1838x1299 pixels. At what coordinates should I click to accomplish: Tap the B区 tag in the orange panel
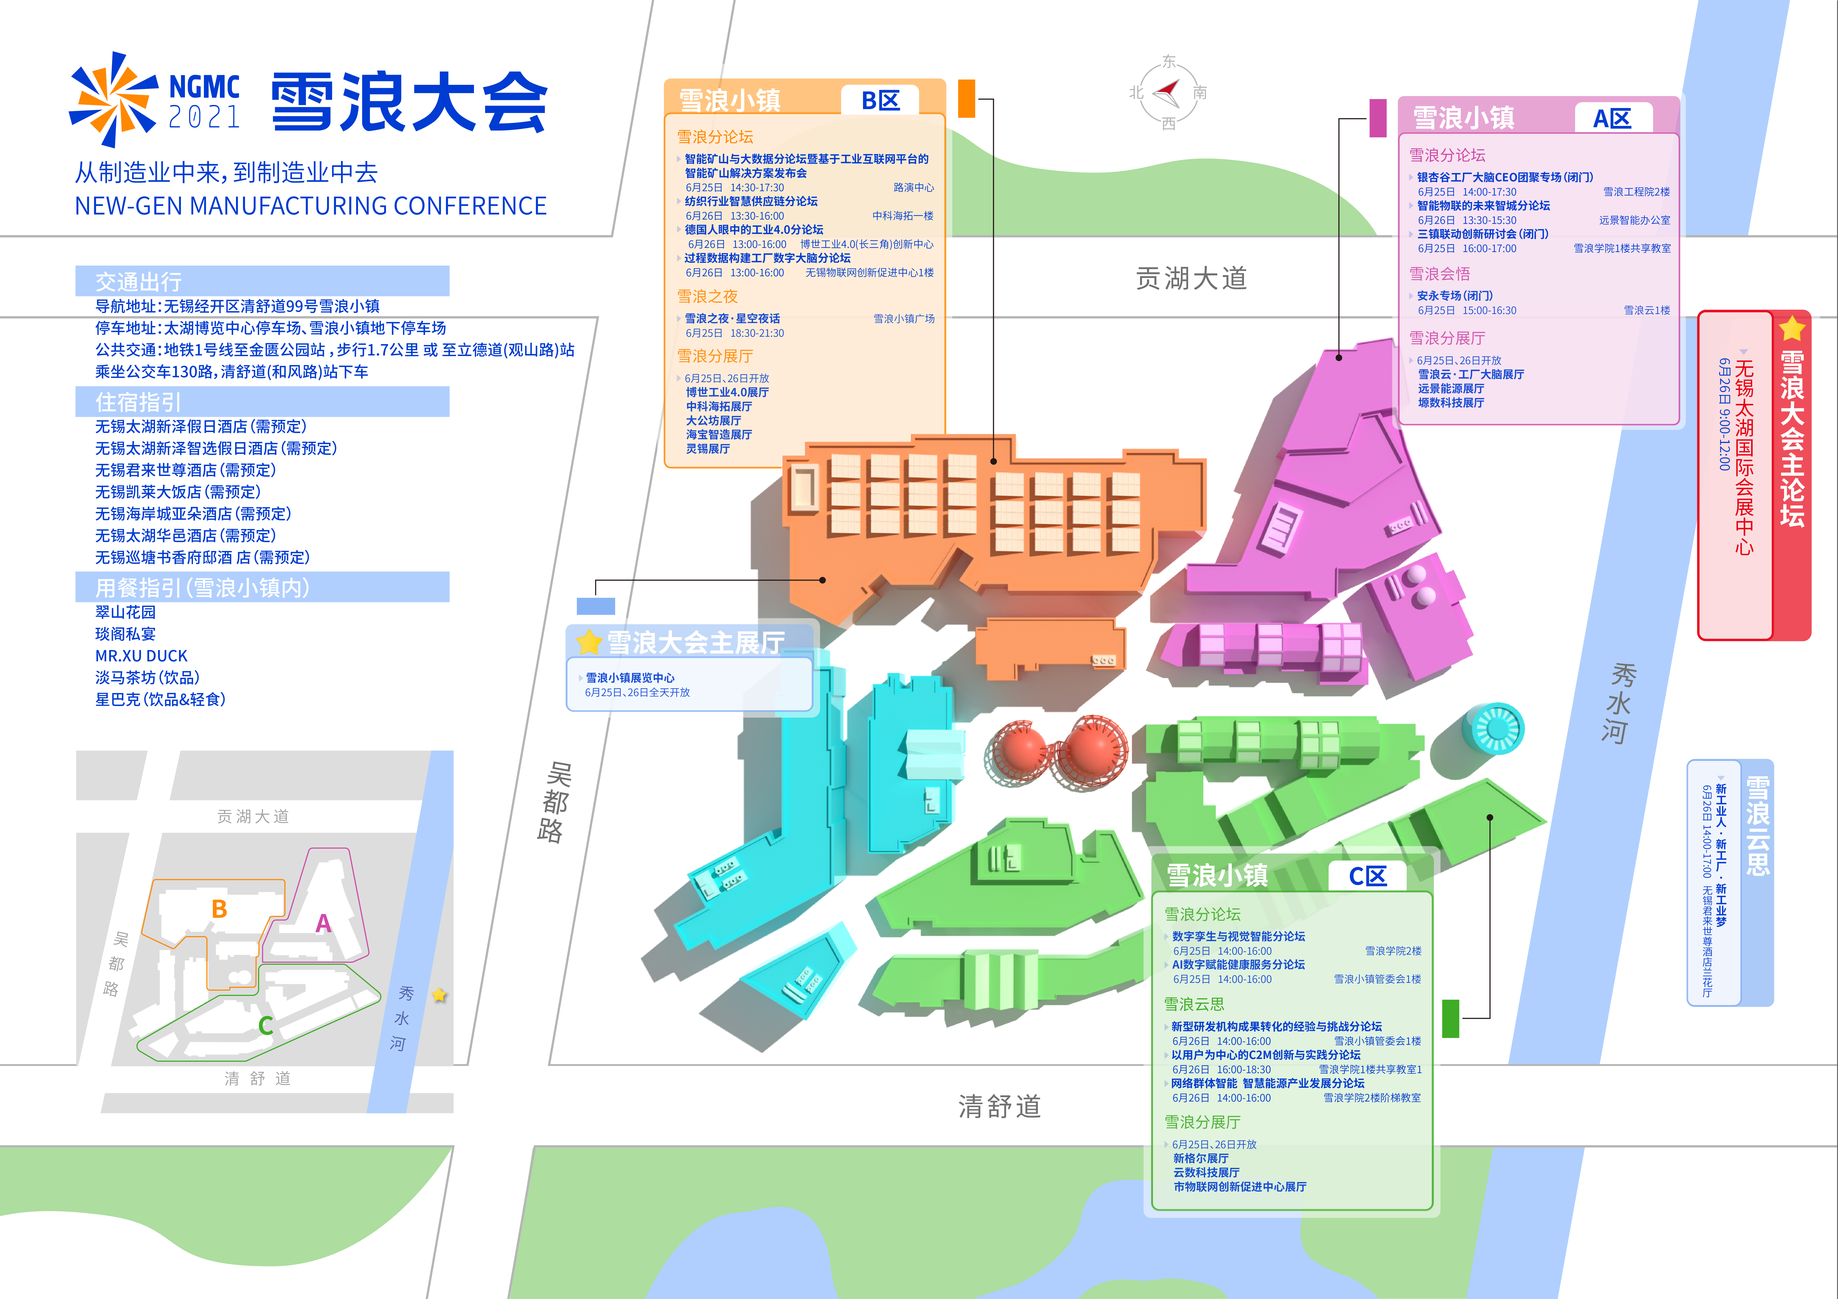(880, 101)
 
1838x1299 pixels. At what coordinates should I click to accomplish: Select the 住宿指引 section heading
(138, 402)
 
